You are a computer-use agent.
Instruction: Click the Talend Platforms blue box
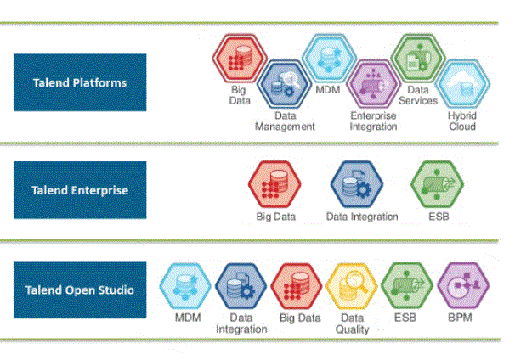[80, 82]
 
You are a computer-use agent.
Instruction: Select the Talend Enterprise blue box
[80, 190]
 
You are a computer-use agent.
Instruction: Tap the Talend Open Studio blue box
[80, 290]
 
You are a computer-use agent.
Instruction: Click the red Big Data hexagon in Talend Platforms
[240, 58]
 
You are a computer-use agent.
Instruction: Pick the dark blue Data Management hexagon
[284, 84]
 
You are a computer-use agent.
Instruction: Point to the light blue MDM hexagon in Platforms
[329, 58]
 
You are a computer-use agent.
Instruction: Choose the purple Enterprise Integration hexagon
[373, 84]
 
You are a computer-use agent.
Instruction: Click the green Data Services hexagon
[418, 58]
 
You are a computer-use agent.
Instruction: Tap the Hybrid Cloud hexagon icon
[462, 84]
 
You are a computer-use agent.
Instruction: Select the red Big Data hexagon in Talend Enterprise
[274, 184]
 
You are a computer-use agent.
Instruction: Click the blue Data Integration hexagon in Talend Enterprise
[357, 184]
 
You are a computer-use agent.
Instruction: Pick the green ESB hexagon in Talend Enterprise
[438, 184]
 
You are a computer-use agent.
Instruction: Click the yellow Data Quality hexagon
[352, 286]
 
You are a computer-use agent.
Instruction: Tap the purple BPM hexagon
[463, 286]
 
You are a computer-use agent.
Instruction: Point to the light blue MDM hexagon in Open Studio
[185, 286]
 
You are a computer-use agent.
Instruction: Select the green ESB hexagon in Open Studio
[407, 286]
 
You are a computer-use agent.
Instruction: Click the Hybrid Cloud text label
[462, 121]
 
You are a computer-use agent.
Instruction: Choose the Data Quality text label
[352, 323]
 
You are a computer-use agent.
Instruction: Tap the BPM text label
[460, 318]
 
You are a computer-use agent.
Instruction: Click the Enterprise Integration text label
[373, 121]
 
